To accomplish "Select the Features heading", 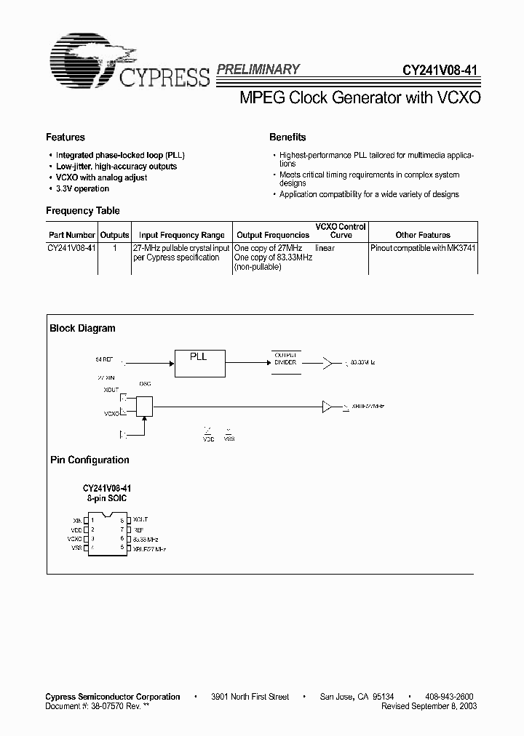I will (65, 137).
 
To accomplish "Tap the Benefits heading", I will (287, 137).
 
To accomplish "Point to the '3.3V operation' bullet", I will (82, 188).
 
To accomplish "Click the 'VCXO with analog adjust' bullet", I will (101, 177).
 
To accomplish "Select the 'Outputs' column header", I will (114, 235).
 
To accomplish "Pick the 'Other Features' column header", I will (423, 235).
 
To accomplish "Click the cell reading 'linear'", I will (325, 249).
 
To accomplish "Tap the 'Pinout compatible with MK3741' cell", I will (423, 249).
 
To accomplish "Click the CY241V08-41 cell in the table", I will (72, 249).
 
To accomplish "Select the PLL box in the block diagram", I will (199, 361).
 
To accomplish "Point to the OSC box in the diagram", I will (145, 407).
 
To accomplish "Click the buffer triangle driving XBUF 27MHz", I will (327, 407).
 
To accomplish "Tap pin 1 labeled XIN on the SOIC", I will (86, 520).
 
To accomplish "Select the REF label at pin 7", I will (138, 529).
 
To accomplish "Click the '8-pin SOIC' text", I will (107, 500).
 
